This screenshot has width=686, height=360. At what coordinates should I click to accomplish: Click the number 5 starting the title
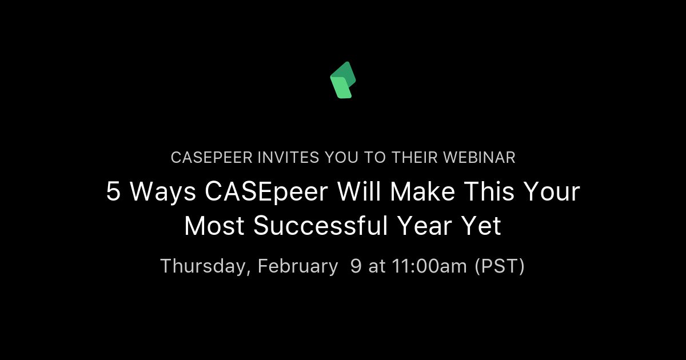click(113, 193)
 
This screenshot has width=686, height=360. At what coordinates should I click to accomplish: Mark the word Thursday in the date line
click(205, 266)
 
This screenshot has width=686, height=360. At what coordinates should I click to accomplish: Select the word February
click(297, 266)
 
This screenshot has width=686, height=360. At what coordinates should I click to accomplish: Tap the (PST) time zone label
click(500, 266)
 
